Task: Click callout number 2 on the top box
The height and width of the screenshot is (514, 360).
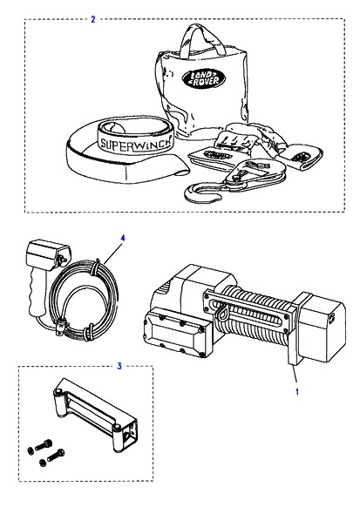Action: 93,19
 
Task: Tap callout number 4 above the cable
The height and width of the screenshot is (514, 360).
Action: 123,238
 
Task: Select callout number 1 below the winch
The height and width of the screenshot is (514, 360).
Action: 297,391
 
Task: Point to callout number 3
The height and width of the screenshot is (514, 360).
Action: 119,366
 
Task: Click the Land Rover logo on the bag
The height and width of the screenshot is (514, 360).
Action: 204,79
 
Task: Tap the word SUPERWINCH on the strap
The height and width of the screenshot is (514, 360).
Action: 136,143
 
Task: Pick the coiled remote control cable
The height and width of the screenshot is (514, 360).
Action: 84,298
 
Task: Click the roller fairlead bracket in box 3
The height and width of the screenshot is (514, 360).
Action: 95,415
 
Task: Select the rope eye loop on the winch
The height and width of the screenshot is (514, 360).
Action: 223,312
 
